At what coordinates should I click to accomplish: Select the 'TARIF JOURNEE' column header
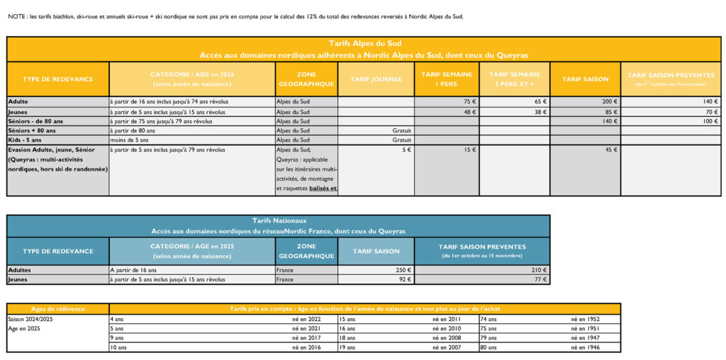pyautogui.click(x=376, y=79)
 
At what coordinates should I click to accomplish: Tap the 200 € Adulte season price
pyautogui.click(x=609, y=101)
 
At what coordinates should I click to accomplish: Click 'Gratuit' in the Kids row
pyautogui.click(x=401, y=140)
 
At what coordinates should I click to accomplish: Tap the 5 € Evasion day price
pyautogui.click(x=406, y=150)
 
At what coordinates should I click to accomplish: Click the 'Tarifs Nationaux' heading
pyautogui.click(x=278, y=221)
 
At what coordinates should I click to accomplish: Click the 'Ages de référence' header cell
pyautogui.click(x=58, y=309)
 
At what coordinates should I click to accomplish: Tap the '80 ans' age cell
pyautogui.click(x=488, y=347)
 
